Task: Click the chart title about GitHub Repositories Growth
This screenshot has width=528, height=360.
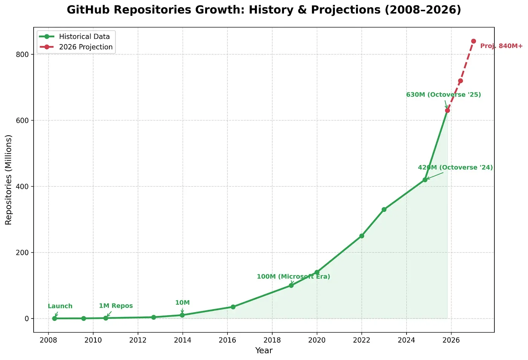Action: coord(264,10)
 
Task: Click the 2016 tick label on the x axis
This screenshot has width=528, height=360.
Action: coord(227,340)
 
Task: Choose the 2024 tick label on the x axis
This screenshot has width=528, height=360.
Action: coord(406,340)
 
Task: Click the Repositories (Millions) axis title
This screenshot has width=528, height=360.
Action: coord(9,180)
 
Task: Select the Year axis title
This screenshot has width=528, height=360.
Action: coord(264,351)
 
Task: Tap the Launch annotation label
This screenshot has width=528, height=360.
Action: coord(60,306)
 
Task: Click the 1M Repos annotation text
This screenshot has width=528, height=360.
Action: coord(116,306)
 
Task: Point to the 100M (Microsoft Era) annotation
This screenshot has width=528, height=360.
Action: coord(293,277)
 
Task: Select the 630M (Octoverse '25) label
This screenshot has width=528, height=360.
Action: coord(443,95)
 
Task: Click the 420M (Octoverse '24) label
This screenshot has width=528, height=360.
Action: coord(455,167)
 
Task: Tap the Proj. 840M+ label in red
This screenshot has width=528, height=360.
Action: coord(501,46)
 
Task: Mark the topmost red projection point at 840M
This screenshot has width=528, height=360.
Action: coord(473,41)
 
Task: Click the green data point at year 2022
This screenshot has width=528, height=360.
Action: coord(362,236)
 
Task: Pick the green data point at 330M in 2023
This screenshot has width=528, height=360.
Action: coord(384,210)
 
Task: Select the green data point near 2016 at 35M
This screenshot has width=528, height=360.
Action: coord(233,307)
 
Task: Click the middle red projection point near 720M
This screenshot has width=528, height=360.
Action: coord(460,81)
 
